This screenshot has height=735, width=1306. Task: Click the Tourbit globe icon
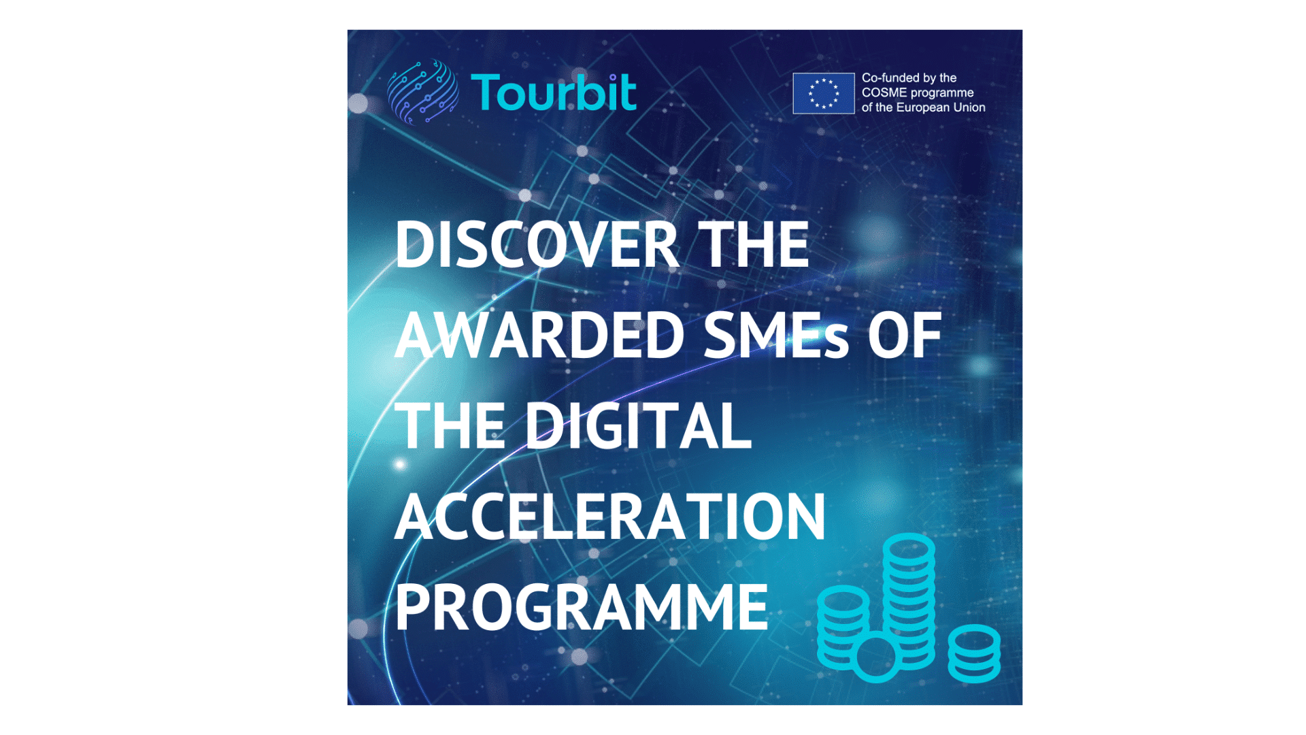click(422, 92)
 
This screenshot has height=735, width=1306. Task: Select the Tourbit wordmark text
click(554, 92)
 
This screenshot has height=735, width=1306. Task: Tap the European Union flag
click(824, 93)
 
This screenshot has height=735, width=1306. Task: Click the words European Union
click(941, 108)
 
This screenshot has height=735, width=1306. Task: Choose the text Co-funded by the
click(909, 78)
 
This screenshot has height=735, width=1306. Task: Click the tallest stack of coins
click(909, 599)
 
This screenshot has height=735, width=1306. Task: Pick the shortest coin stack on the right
click(974, 653)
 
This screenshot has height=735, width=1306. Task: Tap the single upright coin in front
click(876, 657)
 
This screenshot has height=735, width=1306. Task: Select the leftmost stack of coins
click(843, 627)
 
